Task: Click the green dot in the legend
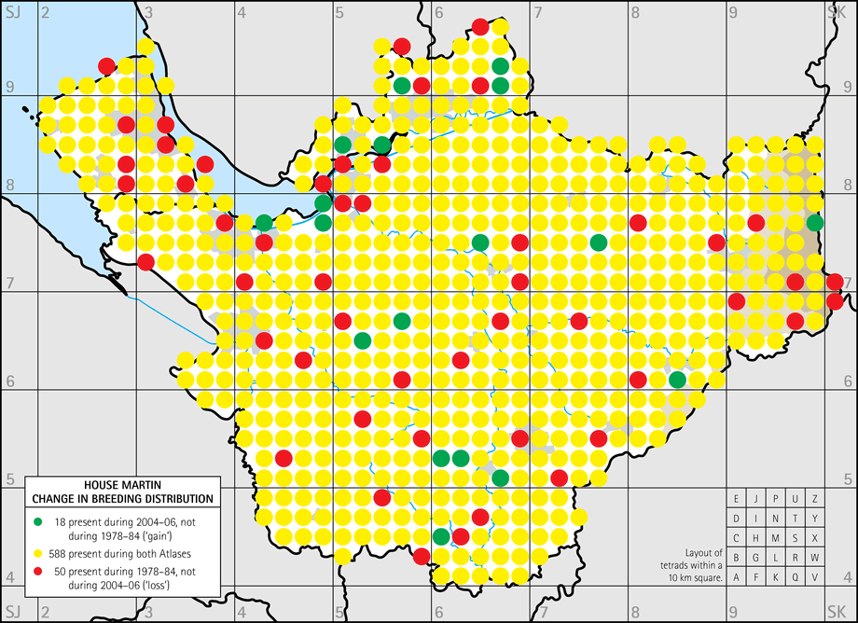(x=38, y=520)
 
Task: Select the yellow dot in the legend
(x=38, y=550)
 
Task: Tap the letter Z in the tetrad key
(x=815, y=499)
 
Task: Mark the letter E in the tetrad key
(x=737, y=499)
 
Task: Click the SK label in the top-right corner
(x=835, y=10)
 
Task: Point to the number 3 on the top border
(x=149, y=10)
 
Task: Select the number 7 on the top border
(x=538, y=10)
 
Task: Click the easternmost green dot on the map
(x=815, y=222)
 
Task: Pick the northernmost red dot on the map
(x=480, y=26)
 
